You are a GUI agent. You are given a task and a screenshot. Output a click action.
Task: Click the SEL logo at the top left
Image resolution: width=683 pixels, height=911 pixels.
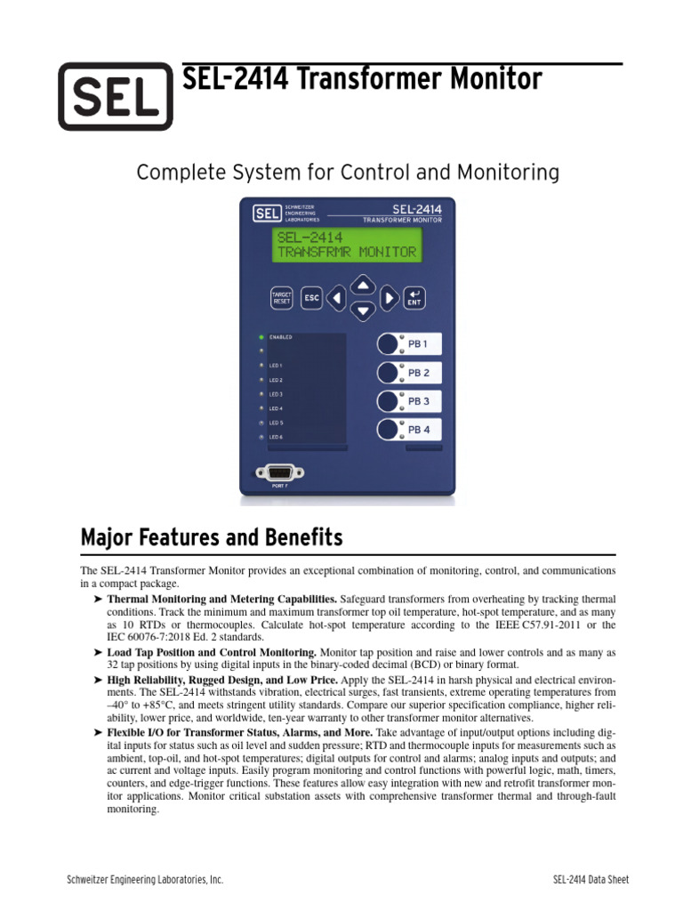[x=115, y=96]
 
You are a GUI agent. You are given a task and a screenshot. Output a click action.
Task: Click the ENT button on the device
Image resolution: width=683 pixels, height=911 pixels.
[x=414, y=298]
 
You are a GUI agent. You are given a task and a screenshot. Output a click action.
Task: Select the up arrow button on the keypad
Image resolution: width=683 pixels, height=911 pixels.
[x=361, y=286]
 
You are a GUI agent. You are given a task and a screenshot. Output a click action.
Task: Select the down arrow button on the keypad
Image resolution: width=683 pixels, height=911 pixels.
[x=361, y=310]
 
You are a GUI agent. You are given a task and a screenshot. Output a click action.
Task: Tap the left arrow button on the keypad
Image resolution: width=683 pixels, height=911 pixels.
[x=336, y=298]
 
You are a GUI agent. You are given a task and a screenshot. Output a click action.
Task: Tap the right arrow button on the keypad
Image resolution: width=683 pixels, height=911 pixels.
[x=389, y=298]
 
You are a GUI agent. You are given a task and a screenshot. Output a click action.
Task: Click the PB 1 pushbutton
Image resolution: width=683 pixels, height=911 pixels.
[x=390, y=344]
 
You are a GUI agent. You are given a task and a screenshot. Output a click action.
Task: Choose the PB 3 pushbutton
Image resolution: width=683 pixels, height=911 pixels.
[x=390, y=401]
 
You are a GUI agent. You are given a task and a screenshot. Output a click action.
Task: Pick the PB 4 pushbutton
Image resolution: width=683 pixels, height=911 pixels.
[x=390, y=430]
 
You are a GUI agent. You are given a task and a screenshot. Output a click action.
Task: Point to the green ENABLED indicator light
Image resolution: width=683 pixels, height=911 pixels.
[x=261, y=337]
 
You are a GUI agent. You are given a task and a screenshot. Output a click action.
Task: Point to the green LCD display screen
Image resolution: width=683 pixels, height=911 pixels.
[x=346, y=245]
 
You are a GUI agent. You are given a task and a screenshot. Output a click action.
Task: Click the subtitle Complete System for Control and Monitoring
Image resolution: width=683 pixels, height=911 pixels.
[x=347, y=173]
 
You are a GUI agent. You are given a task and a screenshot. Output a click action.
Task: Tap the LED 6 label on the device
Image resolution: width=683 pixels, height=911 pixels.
[x=277, y=438]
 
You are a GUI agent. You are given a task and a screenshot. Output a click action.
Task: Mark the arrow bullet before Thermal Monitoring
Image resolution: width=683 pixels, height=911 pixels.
[x=98, y=600]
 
